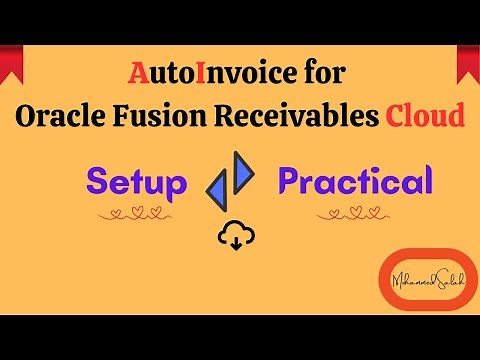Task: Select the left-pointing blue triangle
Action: tap(220, 189)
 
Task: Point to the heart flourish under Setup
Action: tap(137, 213)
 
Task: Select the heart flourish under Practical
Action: tap(355, 213)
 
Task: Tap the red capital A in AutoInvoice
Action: tap(140, 74)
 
